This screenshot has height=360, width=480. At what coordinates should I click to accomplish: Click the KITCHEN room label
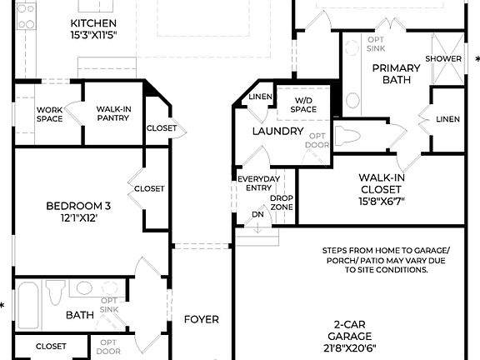92,22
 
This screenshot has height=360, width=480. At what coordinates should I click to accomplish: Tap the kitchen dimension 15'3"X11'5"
92,35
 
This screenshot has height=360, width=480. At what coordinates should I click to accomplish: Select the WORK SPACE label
49,113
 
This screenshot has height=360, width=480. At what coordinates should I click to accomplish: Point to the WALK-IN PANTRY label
112,113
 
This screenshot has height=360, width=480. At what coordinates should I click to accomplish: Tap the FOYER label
202,319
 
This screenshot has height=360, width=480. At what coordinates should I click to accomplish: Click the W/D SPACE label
303,105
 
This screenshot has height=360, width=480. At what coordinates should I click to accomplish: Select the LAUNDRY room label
277,132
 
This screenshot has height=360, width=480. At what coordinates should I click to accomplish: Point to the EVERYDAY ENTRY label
258,184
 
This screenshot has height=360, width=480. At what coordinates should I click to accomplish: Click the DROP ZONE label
282,202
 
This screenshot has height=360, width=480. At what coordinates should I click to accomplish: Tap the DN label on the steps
257,215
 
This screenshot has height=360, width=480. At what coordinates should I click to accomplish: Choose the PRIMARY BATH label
392,74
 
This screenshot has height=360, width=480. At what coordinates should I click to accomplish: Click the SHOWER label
443,58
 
